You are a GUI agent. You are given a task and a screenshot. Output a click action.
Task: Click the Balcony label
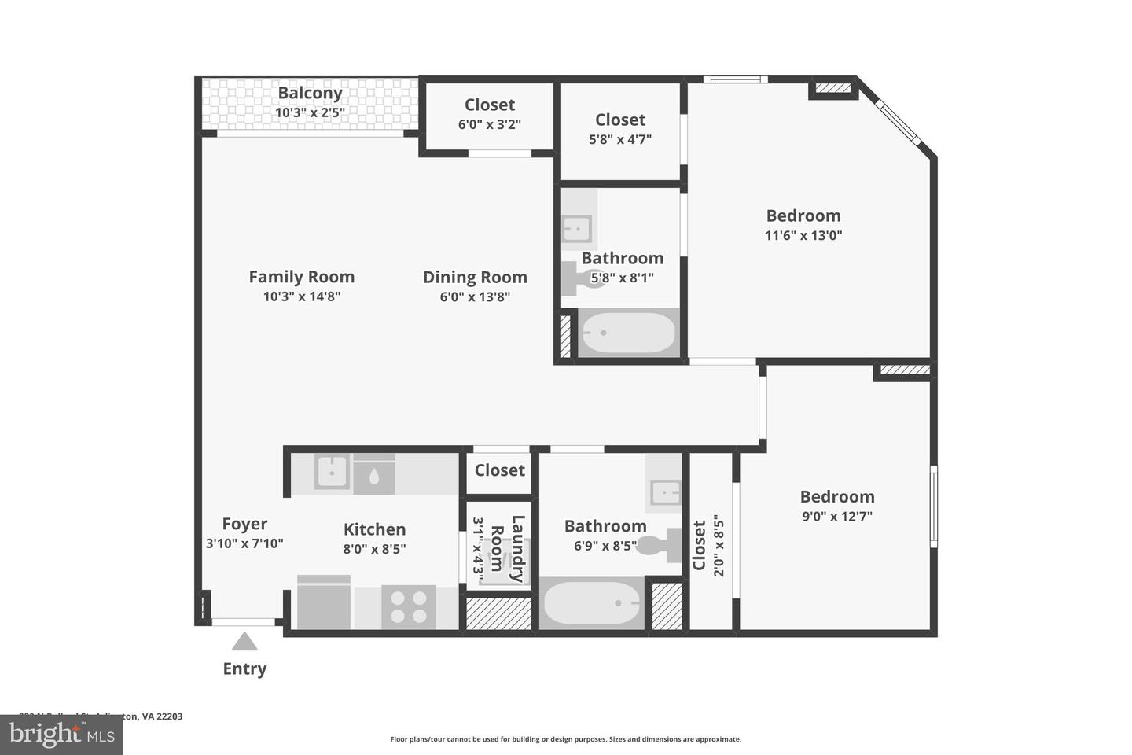(310, 93)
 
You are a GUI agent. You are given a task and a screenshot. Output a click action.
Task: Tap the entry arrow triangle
(244, 642)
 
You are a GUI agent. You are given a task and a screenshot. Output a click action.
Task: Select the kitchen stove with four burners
(408, 606)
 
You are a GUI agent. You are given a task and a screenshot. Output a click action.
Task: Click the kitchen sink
(333, 472)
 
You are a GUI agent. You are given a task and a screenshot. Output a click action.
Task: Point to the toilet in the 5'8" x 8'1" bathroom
(582, 278)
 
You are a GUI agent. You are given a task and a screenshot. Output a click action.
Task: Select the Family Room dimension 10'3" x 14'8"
(302, 296)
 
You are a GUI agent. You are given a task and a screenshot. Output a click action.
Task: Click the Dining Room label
(475, 277)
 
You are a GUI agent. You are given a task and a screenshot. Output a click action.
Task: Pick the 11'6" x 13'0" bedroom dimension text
(803, 235)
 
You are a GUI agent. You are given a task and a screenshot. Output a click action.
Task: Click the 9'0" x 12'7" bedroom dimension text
(836, 517)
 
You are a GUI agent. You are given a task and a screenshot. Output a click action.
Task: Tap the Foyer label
(244, 524)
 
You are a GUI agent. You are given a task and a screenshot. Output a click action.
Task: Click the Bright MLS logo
(61, 735)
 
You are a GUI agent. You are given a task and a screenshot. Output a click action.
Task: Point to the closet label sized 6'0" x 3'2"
(489, 105)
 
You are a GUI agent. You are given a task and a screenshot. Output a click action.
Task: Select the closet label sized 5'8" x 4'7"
(619, 120)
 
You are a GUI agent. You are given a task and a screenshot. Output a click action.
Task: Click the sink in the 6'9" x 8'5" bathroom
(664, 493)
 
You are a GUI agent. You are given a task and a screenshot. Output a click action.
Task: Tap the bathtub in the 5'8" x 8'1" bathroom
(627, 333)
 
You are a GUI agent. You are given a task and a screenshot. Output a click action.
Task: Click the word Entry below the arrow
(244, 668)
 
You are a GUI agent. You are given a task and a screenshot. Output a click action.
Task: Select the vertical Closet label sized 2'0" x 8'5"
(699, 545)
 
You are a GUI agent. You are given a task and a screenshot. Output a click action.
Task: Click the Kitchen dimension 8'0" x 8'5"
(374, 549)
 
